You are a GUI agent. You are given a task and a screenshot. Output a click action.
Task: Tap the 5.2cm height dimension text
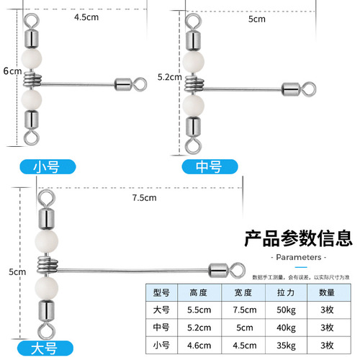(x=168, y=76)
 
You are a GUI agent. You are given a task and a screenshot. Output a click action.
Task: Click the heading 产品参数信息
(x=297, y=237)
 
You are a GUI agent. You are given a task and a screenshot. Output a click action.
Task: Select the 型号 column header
(x=161, y=292)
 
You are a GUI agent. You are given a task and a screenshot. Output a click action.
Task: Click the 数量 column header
(x=321, y=292)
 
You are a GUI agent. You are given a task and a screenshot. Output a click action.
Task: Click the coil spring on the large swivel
(x=46, y=265)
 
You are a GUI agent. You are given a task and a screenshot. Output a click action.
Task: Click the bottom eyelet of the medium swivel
(x=192, y=145)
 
